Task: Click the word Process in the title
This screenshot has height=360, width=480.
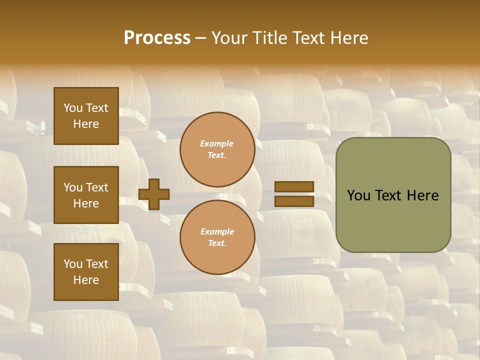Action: [157, 38]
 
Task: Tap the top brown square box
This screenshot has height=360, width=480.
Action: [86, 116]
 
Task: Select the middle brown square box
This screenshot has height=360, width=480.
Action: [86, 195]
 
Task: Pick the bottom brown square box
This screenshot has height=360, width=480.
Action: [86, 272]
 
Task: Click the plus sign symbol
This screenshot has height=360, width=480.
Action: [154, 194]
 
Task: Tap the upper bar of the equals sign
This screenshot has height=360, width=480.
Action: [294, 187]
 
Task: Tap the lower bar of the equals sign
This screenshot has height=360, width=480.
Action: [294, 201]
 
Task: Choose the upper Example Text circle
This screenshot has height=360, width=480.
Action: [217, 149]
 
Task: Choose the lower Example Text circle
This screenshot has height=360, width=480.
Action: [217, 237]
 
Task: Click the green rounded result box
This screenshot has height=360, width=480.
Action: [393, 195]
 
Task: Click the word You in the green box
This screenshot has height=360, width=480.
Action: [359, 195]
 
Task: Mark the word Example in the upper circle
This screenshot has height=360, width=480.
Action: [217, 143]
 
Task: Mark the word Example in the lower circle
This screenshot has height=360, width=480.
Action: [217, 231]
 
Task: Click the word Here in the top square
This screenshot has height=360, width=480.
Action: [86, 124]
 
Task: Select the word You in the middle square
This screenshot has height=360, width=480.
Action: [73, 187]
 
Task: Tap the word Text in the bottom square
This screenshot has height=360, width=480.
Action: [97, 264]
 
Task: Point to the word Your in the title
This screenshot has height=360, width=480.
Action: [229, 38]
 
